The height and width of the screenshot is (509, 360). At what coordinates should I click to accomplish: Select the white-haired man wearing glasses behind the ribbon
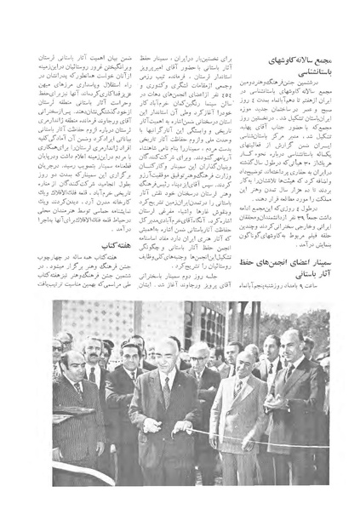point(198,356)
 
